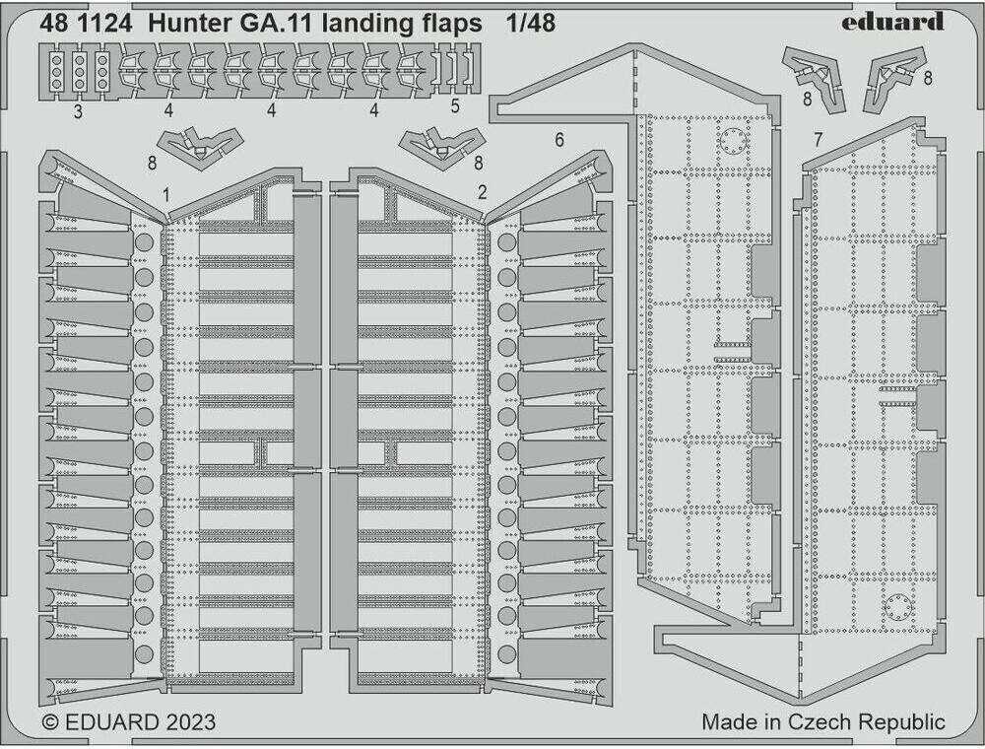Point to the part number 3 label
(77, 110)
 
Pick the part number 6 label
(558, 140)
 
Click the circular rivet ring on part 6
(733, 141)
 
